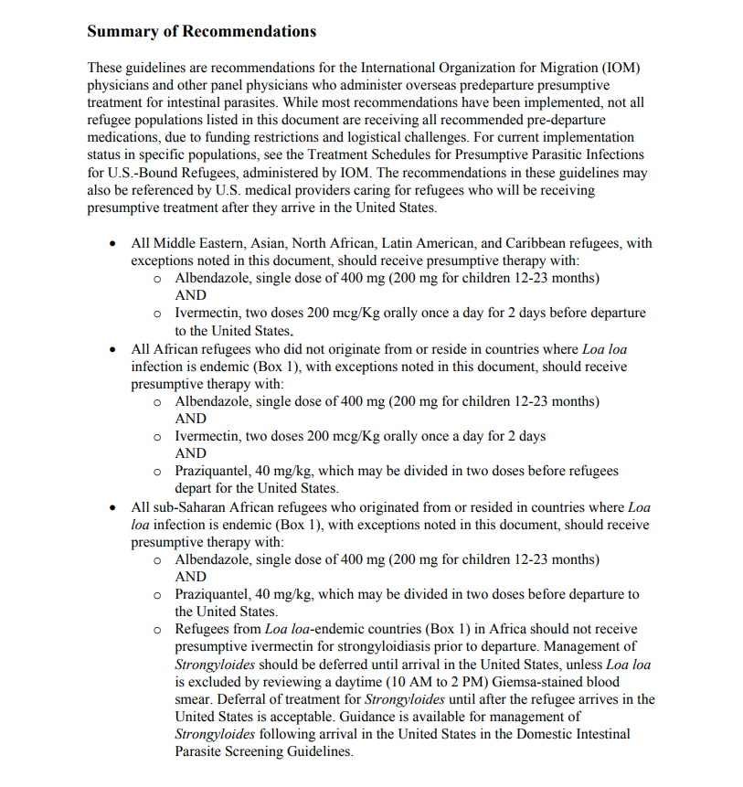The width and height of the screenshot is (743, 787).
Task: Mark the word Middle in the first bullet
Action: coord(175,244)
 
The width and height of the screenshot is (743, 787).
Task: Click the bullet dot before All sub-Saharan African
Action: coord(111,507)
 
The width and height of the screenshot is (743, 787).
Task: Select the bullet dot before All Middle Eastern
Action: coord(111,244)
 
